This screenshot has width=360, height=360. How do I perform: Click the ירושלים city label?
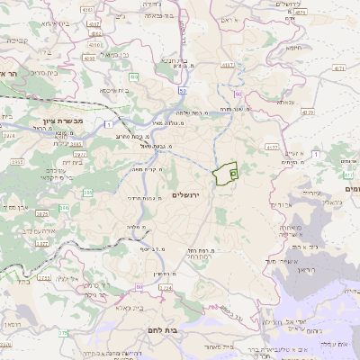pos(189,194)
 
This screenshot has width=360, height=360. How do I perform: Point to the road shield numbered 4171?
pos(339,67)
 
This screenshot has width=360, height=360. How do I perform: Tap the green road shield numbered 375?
pos(63,334)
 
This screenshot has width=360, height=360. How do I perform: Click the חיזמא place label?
pos(292,47)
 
